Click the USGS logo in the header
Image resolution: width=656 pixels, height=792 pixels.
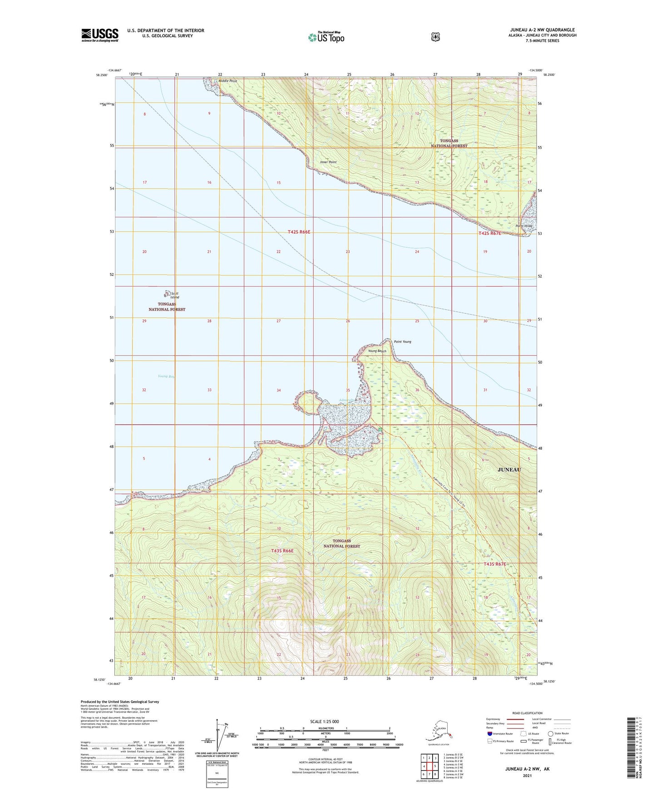(100, 35)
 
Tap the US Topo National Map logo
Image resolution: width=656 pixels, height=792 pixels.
(326, 37)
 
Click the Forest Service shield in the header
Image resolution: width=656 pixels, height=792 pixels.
(435, 37)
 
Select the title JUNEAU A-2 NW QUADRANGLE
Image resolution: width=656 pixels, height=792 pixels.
(542, 30)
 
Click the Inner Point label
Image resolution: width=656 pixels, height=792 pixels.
(328, 162)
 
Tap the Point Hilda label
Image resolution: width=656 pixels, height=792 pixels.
(523, 226)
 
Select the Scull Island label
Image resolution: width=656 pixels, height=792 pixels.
(173, 295)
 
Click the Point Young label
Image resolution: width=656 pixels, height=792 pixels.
(402, 342)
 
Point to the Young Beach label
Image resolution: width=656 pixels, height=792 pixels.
(377, 351)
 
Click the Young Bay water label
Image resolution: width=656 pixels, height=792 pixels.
(166, 376)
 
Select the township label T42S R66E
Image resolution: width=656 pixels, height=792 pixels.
(299, 232)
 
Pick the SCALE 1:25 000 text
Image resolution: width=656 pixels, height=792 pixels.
(324, 722)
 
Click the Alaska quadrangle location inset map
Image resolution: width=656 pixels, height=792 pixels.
(439, 733)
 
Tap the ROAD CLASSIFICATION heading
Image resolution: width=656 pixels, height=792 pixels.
(528, 713)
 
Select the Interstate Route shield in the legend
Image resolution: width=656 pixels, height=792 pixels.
(490, 733)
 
